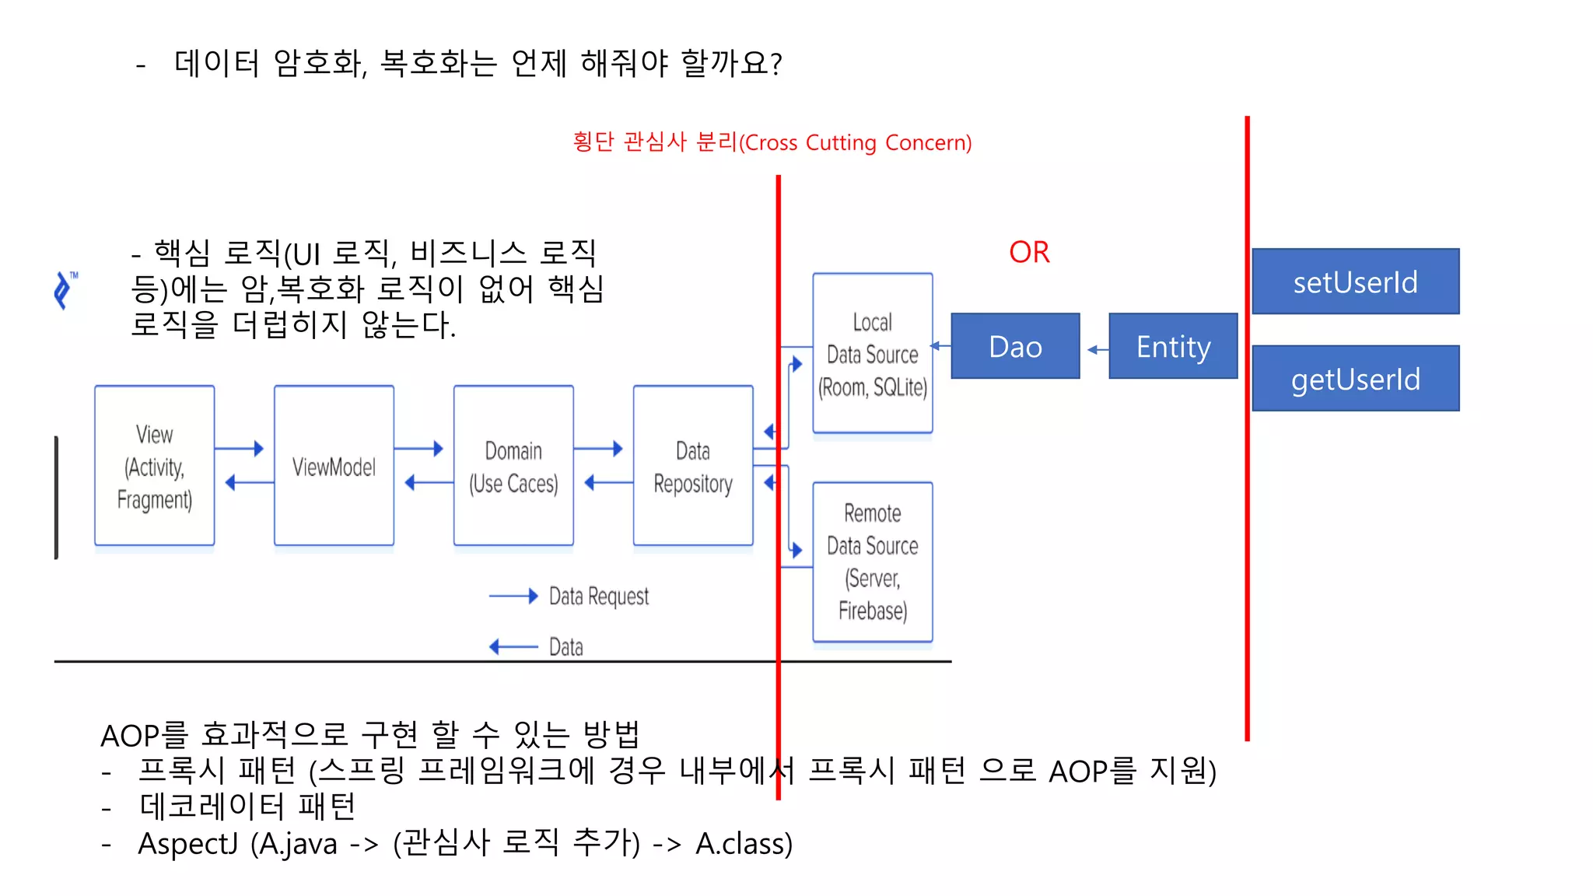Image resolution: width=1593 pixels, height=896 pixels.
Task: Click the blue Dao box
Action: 1015,346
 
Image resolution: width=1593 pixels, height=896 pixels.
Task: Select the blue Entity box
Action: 1173,346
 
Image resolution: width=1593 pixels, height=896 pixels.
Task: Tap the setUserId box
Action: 1355,282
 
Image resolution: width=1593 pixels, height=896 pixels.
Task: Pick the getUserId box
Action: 1355,379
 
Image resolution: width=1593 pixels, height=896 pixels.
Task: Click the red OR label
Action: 1029,252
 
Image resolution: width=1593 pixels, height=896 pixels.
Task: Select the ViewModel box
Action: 334,466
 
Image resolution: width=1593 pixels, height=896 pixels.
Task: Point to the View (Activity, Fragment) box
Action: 154,466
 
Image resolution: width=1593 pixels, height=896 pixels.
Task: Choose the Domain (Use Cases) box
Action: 513,466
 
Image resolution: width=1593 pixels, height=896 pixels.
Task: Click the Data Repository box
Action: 692,466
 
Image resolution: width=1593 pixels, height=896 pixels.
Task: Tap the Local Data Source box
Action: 872,354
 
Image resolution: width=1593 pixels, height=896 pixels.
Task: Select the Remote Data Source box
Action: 872,562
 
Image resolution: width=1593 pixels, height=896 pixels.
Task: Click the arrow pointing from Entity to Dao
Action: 1097,350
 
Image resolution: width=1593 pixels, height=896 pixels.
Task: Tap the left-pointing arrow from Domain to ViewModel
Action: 428,483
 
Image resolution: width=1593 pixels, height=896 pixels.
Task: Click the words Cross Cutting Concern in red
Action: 856,143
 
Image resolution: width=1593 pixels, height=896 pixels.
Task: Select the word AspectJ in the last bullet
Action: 187,844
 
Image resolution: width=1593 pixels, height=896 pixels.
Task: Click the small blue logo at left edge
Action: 65,290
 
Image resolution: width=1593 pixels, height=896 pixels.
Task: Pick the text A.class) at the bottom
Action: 744,844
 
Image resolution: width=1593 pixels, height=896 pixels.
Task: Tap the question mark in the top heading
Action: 775,63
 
